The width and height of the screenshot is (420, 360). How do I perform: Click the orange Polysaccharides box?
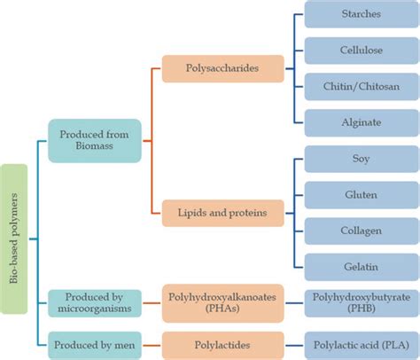point(223,68)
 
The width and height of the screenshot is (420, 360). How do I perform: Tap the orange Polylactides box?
point(223,345)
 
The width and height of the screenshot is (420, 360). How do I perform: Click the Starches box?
point(361,15)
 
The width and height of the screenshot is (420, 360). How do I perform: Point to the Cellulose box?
point(361,50)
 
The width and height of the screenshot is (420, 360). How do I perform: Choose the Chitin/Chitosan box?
point(361,85)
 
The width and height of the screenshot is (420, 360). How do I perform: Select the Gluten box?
point(361,195)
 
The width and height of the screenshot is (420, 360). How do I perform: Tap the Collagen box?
point(361,230)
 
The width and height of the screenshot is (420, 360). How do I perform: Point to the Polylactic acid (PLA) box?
point(361,345)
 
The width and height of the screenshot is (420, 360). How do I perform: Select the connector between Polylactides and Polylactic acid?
point(294,345)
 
